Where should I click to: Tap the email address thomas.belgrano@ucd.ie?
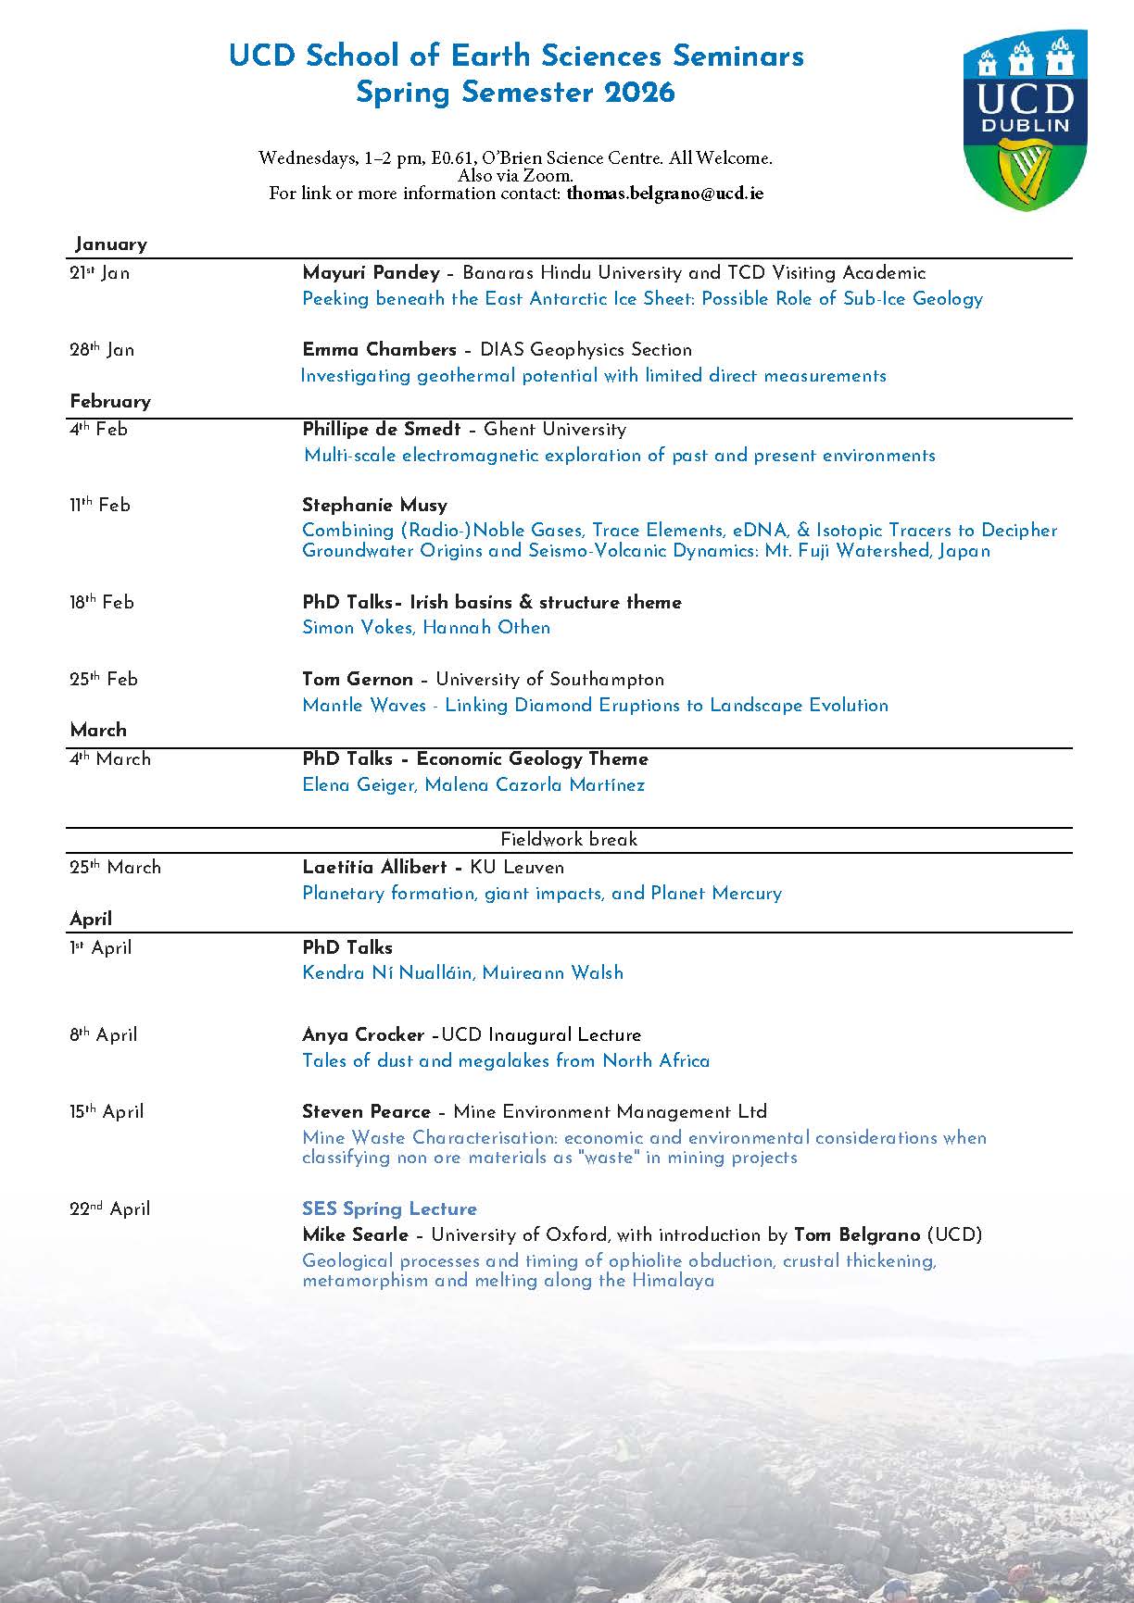click(x=664, y=194)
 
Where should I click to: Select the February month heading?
click(x=110, y=401)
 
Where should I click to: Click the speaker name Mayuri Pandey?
click(x=371, y=272)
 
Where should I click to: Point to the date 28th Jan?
click(x=102, y=349)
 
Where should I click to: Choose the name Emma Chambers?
click(x=379, y=349)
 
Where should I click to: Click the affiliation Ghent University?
click(x=555, y=429)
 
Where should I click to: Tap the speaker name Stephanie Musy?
click(x=374, y=505)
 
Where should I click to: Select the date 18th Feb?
click(x=102, y=602)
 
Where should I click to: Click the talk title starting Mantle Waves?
click(x=595, y=705)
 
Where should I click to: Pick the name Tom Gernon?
click(x=358, y=679)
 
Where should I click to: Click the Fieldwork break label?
click(x=569, y=839)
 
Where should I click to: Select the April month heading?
click(x=91, y=919)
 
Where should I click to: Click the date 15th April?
click(x=107, y=1111)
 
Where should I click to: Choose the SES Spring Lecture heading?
click(x=389, y=1209)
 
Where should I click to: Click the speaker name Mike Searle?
click(x=355, y=1234)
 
